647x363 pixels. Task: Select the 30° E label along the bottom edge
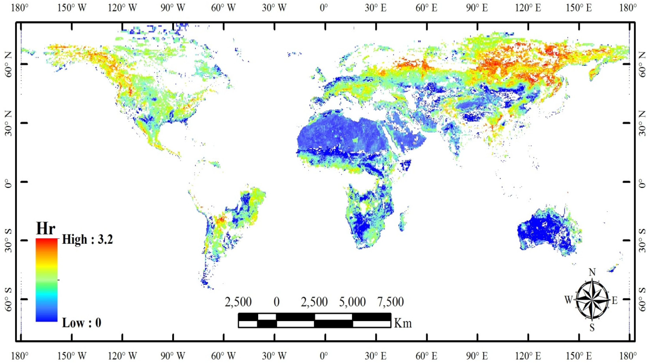[376, 356]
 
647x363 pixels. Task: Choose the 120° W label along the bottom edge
[123, 356]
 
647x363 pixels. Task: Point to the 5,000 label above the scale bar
[352, 302]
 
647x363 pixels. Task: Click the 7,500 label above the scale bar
[391, 302]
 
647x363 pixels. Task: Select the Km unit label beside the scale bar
[403, 323]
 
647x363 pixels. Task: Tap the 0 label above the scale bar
[276, 302]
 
